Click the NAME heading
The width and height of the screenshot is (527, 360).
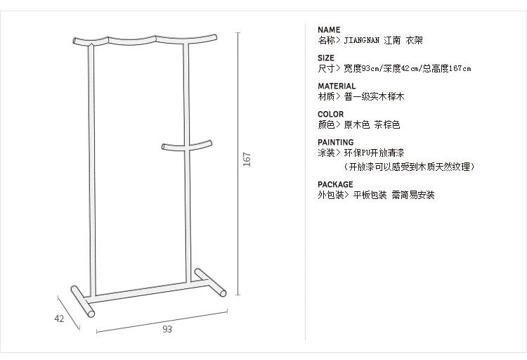(329, 30)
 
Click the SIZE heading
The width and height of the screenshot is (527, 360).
(326, 58)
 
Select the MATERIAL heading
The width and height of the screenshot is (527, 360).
(337, 86)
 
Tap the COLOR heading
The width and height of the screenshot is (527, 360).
(330, 115)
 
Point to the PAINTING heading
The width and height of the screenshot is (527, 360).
(335, 143)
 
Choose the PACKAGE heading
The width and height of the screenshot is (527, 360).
(335, 185)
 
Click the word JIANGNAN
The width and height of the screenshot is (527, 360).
(362, 41)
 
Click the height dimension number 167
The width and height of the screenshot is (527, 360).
(247, 160)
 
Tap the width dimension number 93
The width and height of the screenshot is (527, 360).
(167, 328)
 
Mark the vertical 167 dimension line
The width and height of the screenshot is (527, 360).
(239, 84)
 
